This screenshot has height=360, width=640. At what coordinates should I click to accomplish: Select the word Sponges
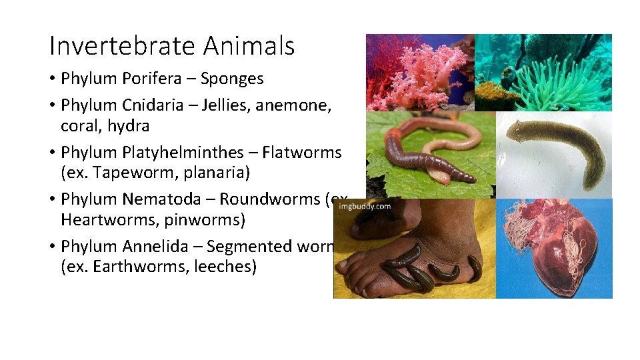click(x=232, y=79)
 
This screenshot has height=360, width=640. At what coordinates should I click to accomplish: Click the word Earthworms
click(x=129, y=267)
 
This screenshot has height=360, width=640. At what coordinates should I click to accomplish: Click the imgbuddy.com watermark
click(x=365, y=207)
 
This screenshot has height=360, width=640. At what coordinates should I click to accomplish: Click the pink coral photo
click(x=420, y=72)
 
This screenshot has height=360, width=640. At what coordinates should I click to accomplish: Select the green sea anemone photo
click(x=543, y=72)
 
